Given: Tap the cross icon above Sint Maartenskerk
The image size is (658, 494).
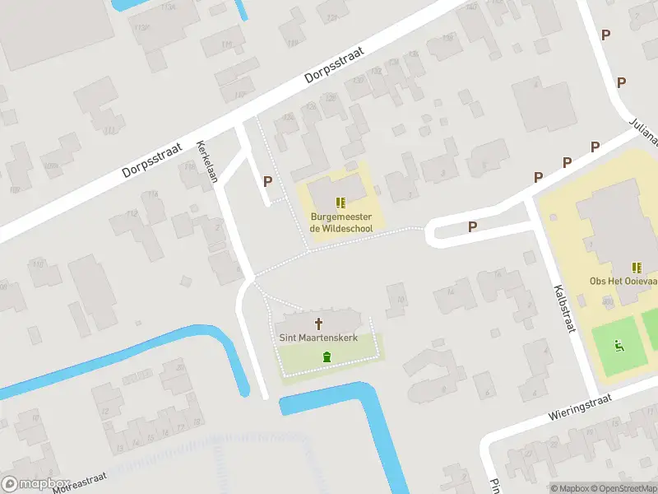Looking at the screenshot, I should [x=318, y=324].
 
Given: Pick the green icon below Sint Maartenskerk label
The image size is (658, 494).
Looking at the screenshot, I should [x=327, y=357].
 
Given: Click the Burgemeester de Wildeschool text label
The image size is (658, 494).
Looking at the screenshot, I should [x=341, y=222].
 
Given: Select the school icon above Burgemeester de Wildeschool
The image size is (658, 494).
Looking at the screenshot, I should [x=341, y=203].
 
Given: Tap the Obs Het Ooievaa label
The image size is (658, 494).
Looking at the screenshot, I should [x=623, y=281].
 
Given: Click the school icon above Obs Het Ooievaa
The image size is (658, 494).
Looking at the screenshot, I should [x=637, y=267].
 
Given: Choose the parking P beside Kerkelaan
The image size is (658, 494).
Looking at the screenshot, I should [x=267, y=181].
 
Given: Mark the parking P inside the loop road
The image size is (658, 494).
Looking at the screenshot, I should [x=473, y=227].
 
